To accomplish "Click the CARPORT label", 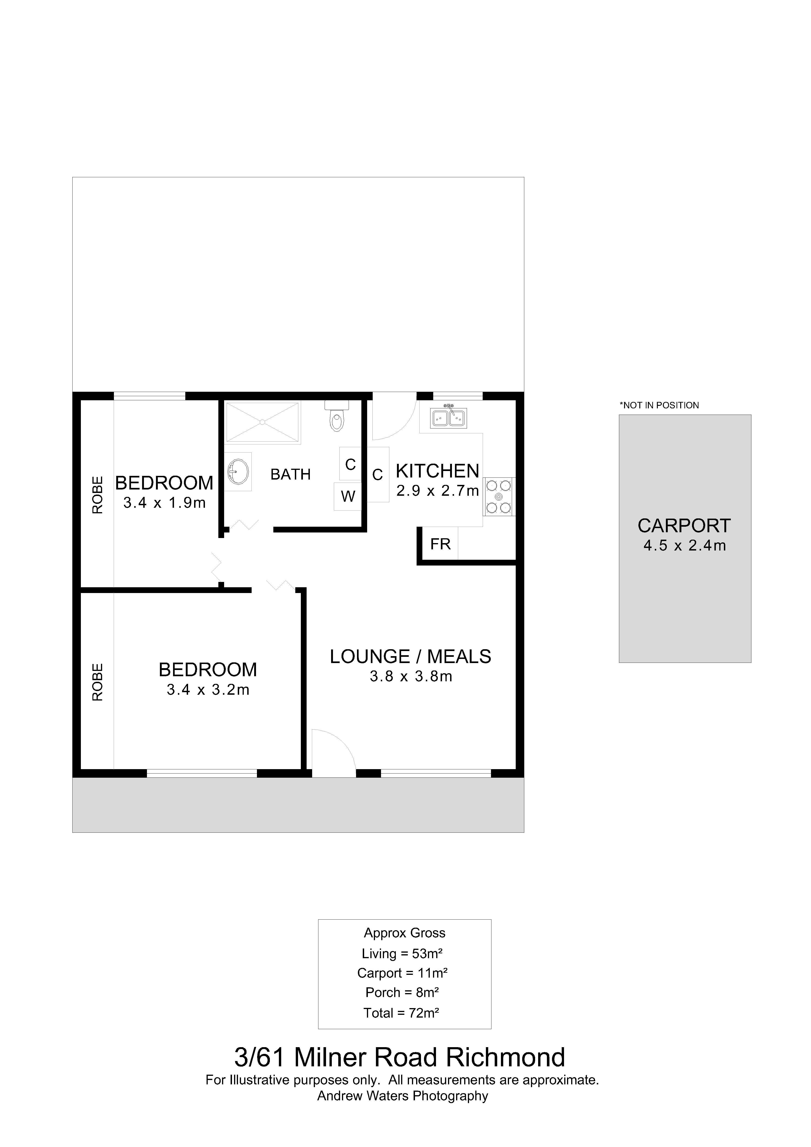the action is [x=684, y=526].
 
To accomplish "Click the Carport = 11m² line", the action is [x=402, y=973].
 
